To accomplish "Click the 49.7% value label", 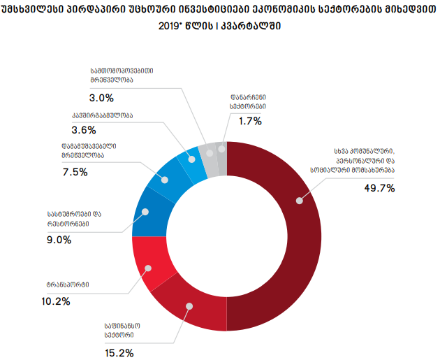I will [x=380, y=188].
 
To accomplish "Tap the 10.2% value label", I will [x=57, y=301].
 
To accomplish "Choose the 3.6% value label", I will [x=85, y=129].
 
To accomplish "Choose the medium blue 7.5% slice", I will [x=165, y=178].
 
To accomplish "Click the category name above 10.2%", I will [x=68, y=285].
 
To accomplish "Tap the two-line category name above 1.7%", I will [x=247, y=101].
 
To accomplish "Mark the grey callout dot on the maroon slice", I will [x=300, y=201].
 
